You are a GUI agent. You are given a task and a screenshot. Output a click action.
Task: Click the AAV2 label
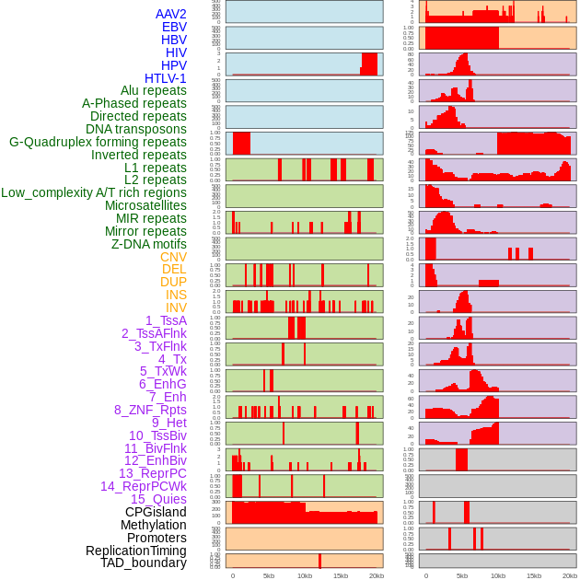[x=170, y=14]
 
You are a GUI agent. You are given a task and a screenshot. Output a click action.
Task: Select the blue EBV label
[x=174, y=27]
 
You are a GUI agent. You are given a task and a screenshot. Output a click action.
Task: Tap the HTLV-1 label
[x=165, y=78]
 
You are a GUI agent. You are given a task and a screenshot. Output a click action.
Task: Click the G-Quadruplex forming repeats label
[x=98, y=142]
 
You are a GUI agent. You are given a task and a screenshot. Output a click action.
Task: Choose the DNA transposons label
[x=136, y=129]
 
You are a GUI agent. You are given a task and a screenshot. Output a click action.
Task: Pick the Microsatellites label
[x=145, y=205]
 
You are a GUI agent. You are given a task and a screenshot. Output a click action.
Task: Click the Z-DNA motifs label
[x=148, y=244]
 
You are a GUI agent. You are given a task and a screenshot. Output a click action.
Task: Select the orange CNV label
[x=173, y=257]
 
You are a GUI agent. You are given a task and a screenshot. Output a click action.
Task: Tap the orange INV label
[x=176, y=307]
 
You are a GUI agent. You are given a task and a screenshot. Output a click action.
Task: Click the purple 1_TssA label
[x=166, y=320]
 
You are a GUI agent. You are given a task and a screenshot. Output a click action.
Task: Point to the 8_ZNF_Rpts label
[x=150, y=410]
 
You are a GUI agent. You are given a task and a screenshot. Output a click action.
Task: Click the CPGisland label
[x=156, y=512]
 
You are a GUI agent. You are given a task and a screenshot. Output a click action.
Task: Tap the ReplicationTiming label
[x=135, y=551]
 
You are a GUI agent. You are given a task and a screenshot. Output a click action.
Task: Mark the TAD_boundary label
[x=143, y=563]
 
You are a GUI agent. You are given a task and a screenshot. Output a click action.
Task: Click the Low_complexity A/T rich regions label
[x=94, y=192]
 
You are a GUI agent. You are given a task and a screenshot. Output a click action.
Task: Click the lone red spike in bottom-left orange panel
[x=319, y=561]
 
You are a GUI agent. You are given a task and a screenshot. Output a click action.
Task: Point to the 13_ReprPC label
[x=152, y=473]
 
